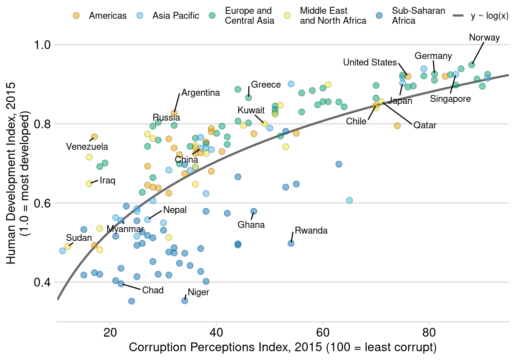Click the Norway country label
pyautogui.click(x=484, y=38)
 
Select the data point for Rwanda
pyautogui.click(x=291, y=243)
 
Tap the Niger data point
pyautogui.click(x=185, y=301)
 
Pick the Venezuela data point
pyautogui.click(x=94, y=137)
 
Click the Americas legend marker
pyautogui.click(x=76, y=16)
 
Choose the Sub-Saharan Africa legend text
pyautogui.click(x=418, y=16)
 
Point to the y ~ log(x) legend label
pyautogui.click(x=489, y=16)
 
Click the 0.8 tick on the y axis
pyautogui.click(x=42, y=124)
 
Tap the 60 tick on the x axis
pyautogui.click(x=323, y=332)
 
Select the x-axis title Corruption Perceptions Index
pyautogui.click(x=282, y=347)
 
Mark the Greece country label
pyautogui.click(x=266, y=85)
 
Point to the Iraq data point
pyautogui.click(x=89, y=183)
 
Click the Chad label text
pyautogui.click(x=153, y=290)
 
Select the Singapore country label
pyautogui.click(x=450, y=99)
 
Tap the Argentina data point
pyautogui.click(x=174, y=113)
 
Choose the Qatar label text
pyautogui.click(x=425, y=125)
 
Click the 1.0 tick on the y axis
pyautogui.click(x=42, y=45)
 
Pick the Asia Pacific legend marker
pyautogui.click(x=140, y=16)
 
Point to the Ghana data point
pyautogui.click(x=254, y=211)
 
